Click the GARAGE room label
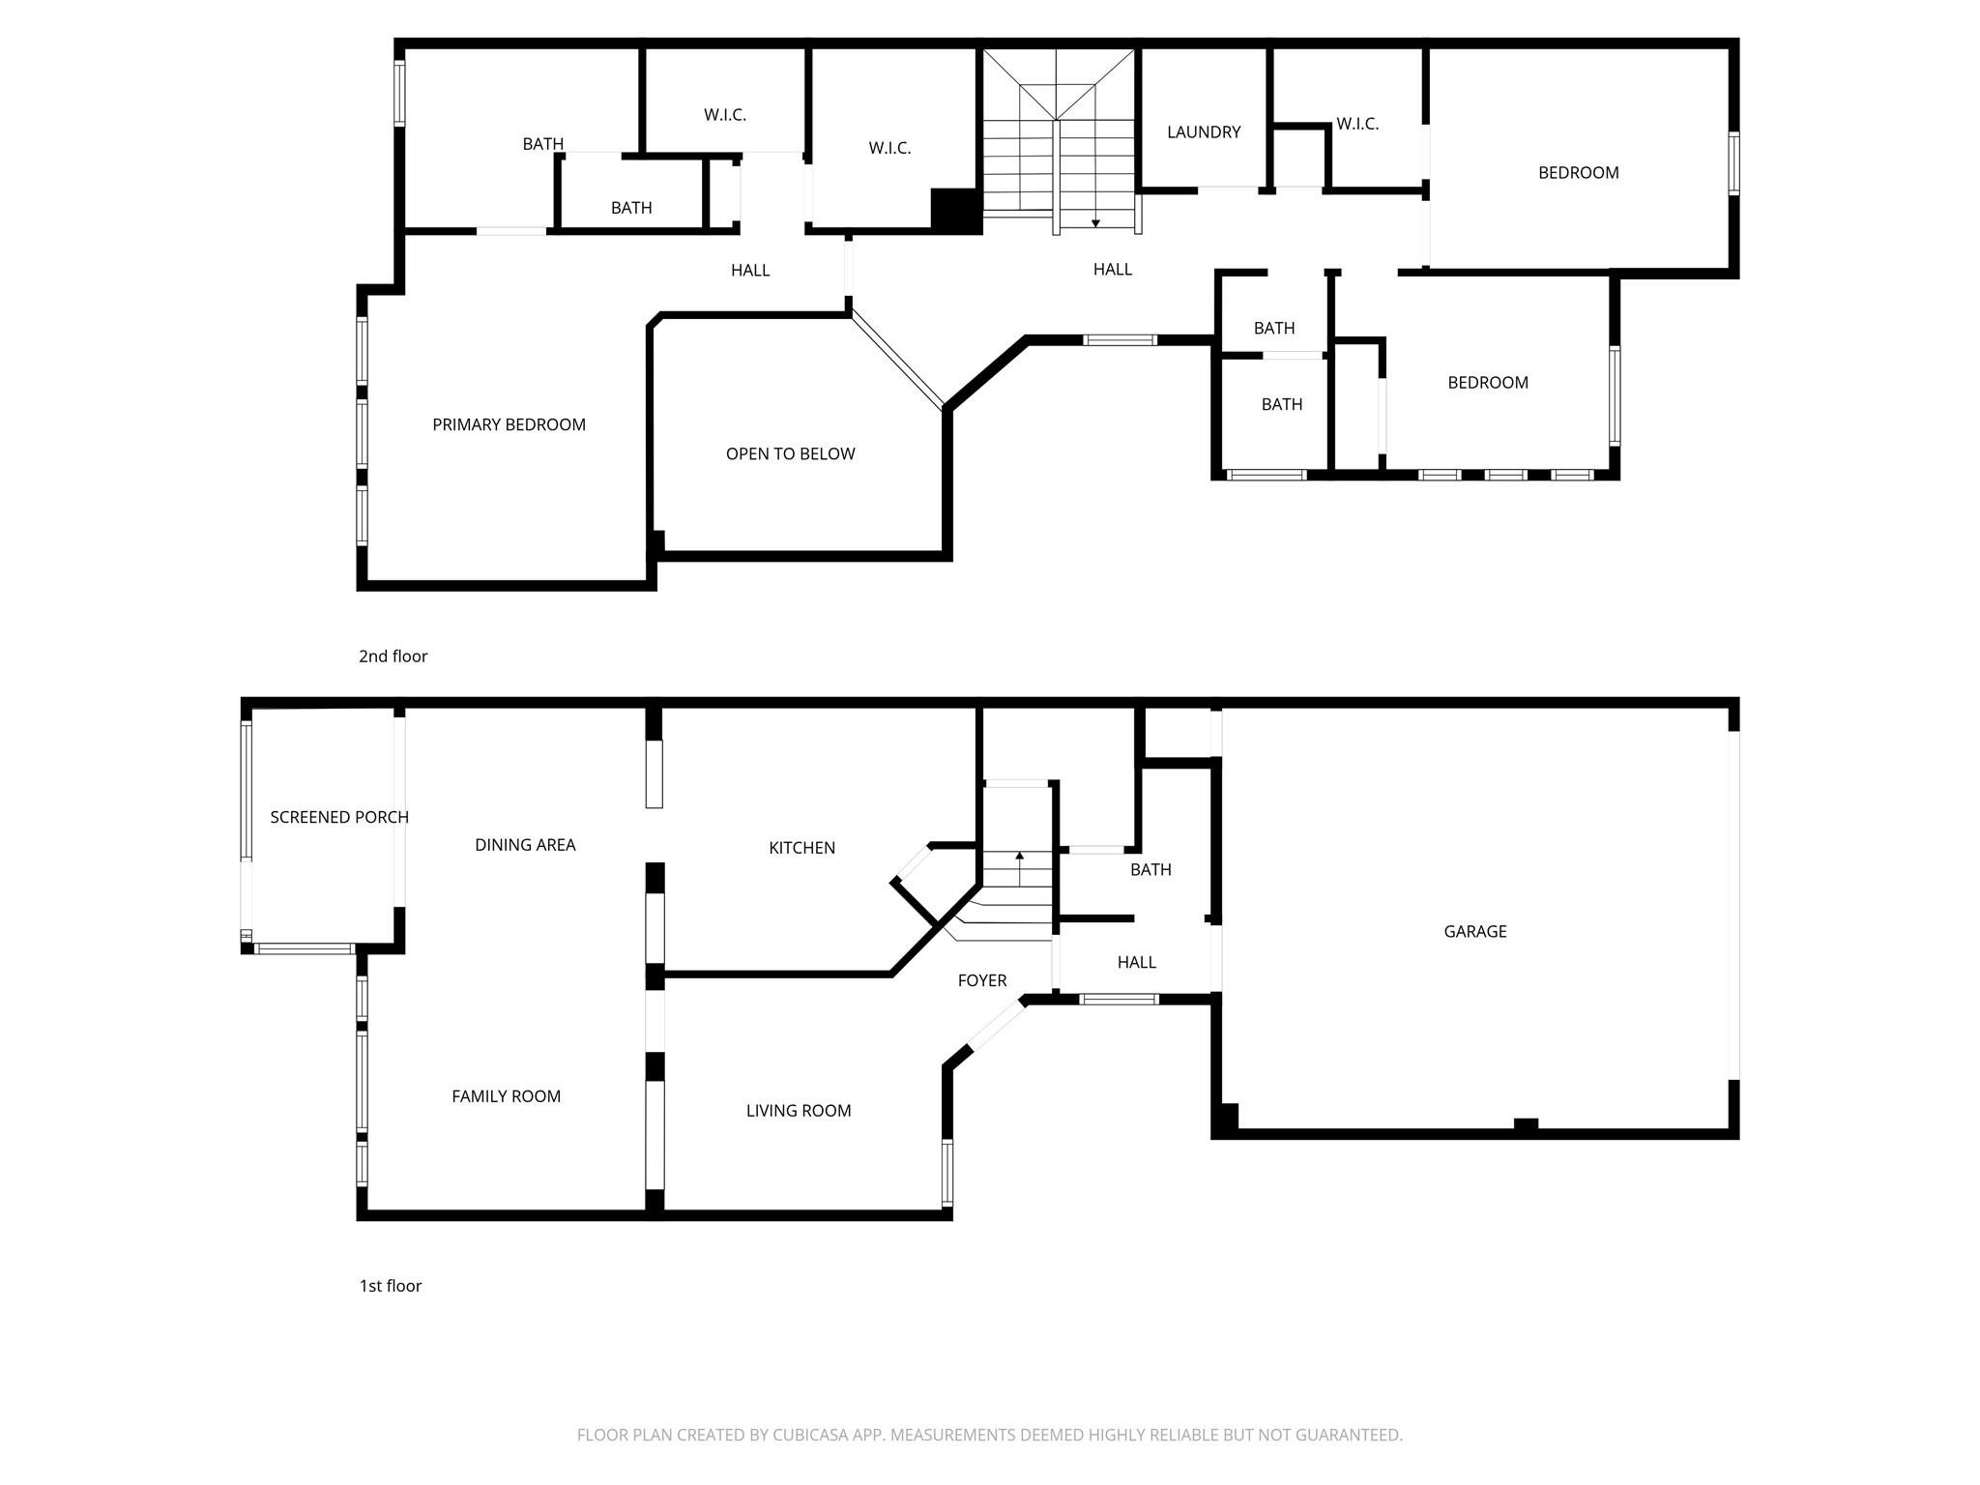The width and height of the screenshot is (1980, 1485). (x=1474, y=931)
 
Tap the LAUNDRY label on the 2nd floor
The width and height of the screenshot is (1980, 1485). (x=1203, y=132)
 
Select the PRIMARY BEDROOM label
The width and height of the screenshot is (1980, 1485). (x=509, y=424)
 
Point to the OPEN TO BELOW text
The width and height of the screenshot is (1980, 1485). (x=790, y=453)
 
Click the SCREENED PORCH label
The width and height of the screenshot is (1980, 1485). (x=338, y=817)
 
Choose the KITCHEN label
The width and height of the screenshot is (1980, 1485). (x=801, y=848)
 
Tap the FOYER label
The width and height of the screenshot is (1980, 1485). (x=981, y=980)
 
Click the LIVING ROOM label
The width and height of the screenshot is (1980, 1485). (x=798, y=1111)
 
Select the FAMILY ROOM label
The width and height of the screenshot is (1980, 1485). (x=506, y=1096)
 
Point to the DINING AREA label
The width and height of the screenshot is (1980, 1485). (x=524, y=845)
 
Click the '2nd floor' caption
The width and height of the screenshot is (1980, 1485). (x=393, y=656)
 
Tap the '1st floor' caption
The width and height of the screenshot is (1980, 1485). (x=391, y=1286)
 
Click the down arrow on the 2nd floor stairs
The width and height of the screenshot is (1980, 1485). (x=1095, y=222)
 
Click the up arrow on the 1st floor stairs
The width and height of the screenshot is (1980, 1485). (x=1019, y=857)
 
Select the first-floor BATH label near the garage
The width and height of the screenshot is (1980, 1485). (x=1150, y=870)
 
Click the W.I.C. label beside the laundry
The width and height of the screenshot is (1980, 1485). (x=1356, y=124)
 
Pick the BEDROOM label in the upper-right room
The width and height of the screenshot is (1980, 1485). (x=1578, y=173)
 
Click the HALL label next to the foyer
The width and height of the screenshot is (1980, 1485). (x=1136, y=962)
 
